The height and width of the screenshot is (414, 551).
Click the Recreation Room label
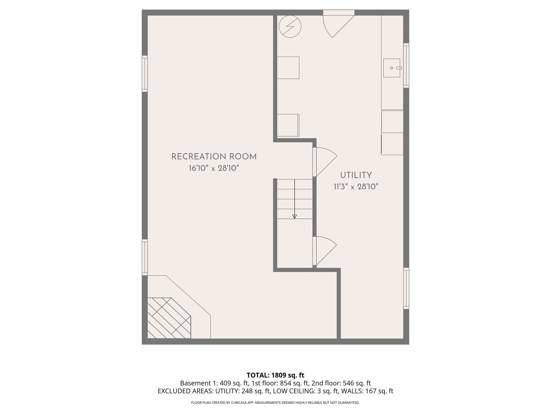pyautogui.click(x=214, y=157)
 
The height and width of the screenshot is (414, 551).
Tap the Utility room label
pyautogui.click(x=356, y=175)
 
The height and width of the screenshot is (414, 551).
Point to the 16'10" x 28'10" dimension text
pyautogui.click(x=214, y=168)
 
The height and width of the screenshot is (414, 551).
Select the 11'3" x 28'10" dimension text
pyautogui.click(x=356, y=187)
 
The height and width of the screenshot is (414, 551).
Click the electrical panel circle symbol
pyautogui.click(x=290, y=26)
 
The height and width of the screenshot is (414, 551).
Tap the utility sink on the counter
pyautogui.click(x=392, y=68)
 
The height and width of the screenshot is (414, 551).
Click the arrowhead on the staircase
pyautogui.click(x=295, y=216)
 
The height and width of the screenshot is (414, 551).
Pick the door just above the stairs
pyautogui.click(x=324, y=162)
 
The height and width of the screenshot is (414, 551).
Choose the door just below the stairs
pyautogui.click(x=324, y=251)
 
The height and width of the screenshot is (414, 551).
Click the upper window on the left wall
pyautogui.click(x=145, y=74)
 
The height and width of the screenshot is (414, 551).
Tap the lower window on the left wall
pyautogui.click(x=145, y=257)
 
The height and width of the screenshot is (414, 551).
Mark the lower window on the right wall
pyautogui.click(x=406, y=288)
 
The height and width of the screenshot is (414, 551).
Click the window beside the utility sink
pyautogui.click(x=406, y=65)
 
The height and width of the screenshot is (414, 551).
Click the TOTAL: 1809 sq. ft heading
pyautogui.click(x=275, y=375)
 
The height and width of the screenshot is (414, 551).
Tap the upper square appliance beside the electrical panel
pyautogui.click(x=288, y=68)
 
